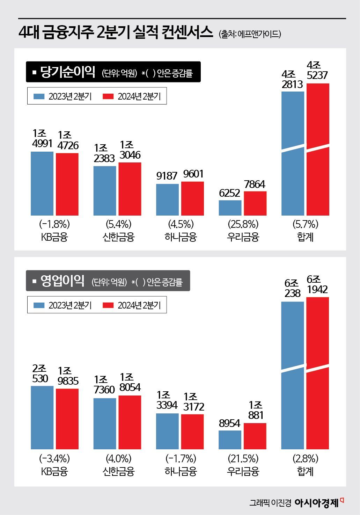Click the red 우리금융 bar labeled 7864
(x=255, y=203)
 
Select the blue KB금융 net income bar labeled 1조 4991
(x=42, y=183)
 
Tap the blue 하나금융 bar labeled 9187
(x=167, y=200)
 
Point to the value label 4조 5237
(x=317, y=70)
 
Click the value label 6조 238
(x=292, y=288)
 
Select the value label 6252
(x=229, y=193)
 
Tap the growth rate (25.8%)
(x=243, y=224)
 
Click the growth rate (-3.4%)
(x=54, y=458)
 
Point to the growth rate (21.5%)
(x=243, y=458)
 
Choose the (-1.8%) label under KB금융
(x=54, y=224)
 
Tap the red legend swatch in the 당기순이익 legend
(x=108, y=96)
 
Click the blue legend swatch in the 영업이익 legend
(x=39, y=305)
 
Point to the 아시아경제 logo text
(x=316, y=502)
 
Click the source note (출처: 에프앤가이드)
(x=250, y=34)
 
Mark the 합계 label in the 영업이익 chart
(x=305, y=471)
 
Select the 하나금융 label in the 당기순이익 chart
(x=181, y=237)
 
